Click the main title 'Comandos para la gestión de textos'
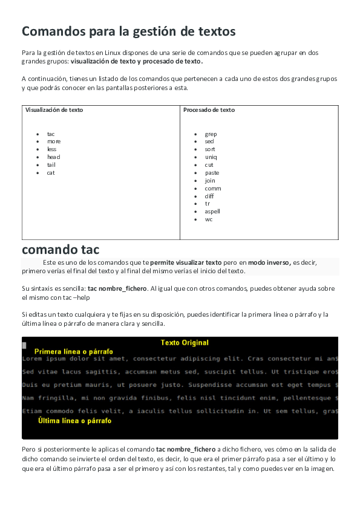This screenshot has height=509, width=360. (129, 31)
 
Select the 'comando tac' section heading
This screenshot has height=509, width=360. (61, 249)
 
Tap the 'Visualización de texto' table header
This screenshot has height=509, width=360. (54, 110)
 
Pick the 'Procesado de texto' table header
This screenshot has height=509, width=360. (209, 110)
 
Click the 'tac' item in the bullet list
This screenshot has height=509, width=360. (51, 134)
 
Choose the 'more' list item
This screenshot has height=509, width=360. (54, 141)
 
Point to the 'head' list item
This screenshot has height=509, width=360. (53, 157)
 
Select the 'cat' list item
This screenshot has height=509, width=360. (51, 173)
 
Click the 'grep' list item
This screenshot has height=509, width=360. (211, 134)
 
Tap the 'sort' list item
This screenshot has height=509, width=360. (210, 149)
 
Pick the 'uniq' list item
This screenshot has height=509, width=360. (211, 157)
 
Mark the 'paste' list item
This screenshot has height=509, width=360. (212, 173)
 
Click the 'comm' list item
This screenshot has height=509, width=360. (212, 189)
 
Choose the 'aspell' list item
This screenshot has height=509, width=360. (212, 212)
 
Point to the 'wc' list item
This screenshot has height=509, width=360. (209, 219)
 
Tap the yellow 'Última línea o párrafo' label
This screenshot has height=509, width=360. (74, 421)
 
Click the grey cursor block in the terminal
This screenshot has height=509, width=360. (24, 345)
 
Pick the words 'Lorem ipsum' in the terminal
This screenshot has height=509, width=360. (41, 358)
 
